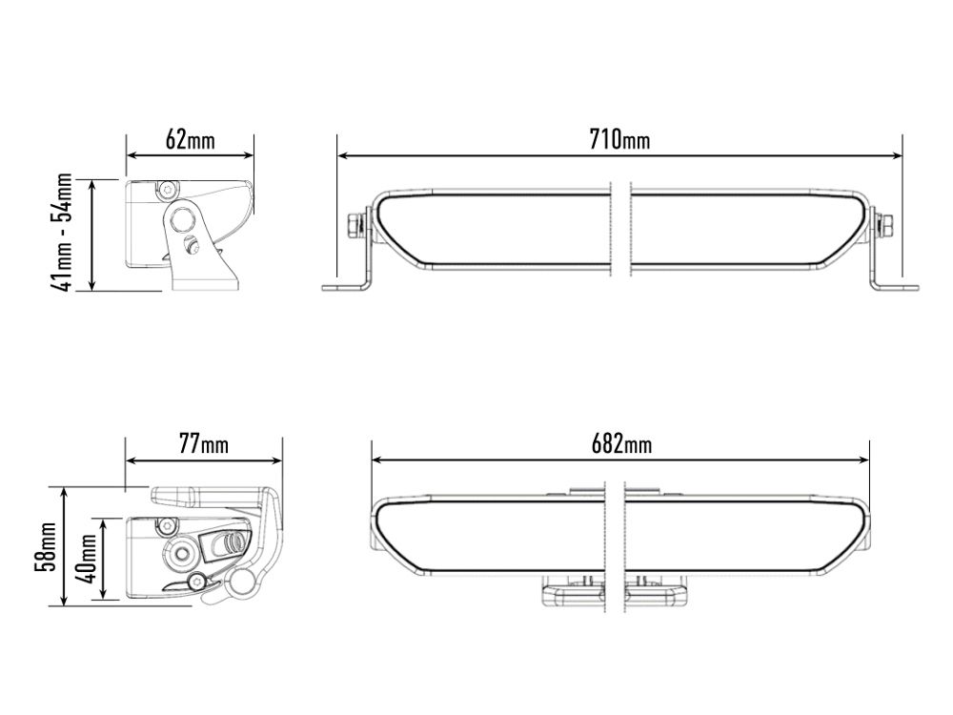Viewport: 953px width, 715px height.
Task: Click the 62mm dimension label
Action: point(191,140)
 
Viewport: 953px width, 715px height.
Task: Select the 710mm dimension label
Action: point(619,140)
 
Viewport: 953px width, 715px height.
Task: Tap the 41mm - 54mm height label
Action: point(62,233)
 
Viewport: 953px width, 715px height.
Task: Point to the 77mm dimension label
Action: point(204,445)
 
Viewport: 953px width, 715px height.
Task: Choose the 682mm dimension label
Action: point(619,445)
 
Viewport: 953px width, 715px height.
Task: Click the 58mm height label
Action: point(44,546)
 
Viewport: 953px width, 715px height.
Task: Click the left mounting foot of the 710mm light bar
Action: point(345,286)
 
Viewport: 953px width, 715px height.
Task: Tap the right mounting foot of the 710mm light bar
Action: point(896,286)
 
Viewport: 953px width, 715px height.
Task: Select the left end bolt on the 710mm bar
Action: point(356,225)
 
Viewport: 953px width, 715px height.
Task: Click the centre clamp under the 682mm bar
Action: point(616,593)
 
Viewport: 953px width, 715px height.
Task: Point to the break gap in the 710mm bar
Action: point(617,229)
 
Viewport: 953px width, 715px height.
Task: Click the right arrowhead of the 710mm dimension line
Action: point(897,154)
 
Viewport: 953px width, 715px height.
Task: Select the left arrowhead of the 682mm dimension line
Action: point(377,460)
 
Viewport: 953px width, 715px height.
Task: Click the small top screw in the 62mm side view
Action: point(168,185)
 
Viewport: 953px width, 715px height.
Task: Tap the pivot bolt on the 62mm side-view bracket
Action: point(191,244)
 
